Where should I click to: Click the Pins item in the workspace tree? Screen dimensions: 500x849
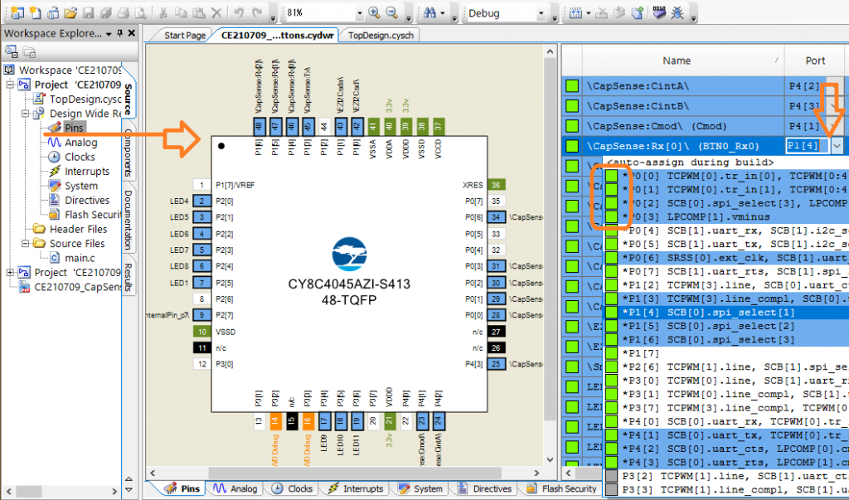tap(74, 128)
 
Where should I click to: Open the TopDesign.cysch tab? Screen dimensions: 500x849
tap(380, 36)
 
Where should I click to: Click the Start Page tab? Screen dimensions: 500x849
tap(184, 36)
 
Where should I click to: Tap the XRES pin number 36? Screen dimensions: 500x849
tap(496, 185)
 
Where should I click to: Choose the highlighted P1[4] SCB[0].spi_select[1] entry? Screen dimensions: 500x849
tap(708, 312)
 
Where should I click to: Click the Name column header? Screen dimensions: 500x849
tap(676, 61)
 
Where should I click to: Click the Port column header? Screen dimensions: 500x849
tap(815, 61)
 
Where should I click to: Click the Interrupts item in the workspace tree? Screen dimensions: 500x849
tap(86, 171)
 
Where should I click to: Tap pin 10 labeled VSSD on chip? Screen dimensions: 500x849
tap(200, 331)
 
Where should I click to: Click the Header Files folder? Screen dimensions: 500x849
tap(78, 229)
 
